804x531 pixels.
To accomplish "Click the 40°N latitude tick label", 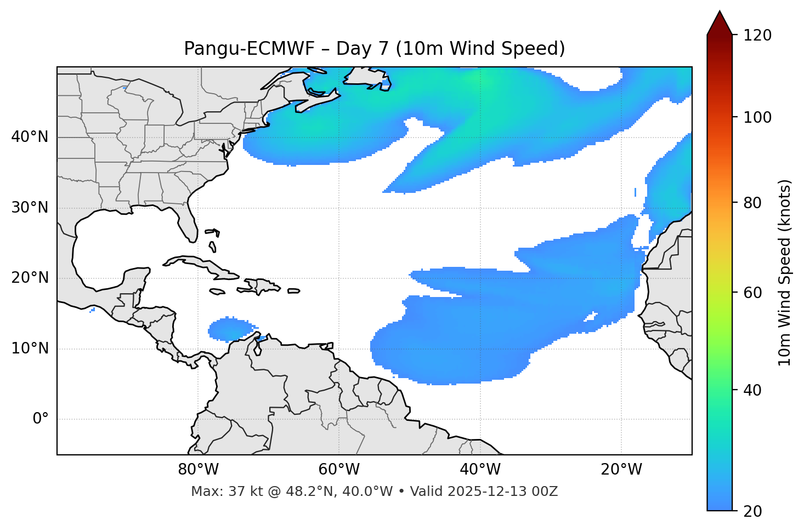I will click(x=30, y=137).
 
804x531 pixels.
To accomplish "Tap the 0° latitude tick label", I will click(x=40, y=419).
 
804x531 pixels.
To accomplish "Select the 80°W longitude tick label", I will click(x=198, y=470).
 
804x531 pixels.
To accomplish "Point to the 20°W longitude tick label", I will click(x=621, y=470).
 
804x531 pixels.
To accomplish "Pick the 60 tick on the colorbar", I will click(x=755, y=293).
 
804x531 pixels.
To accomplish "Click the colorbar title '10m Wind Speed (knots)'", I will click(x=785, y=272).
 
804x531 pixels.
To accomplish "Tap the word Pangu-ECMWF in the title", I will click(x=249, y=49).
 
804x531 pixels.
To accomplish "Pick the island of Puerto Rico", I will click(x=293, y=291).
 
